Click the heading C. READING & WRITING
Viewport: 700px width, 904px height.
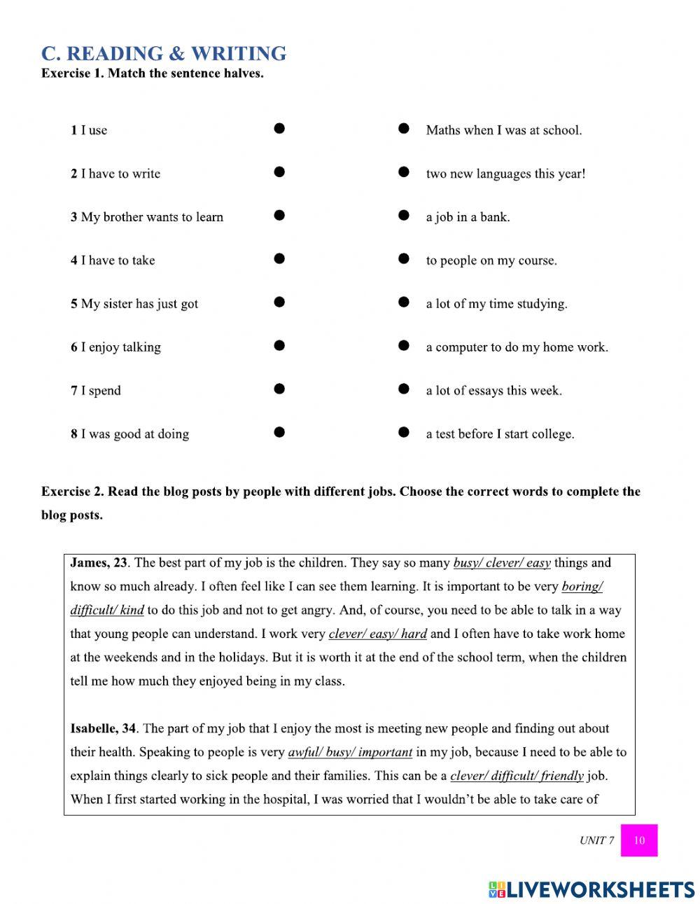[x=163, y=53]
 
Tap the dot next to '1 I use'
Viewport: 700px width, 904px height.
[x=279, y=129]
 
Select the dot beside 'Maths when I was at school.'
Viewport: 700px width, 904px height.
[x=403, y=129]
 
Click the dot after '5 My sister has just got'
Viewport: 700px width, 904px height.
[x=279, y=303]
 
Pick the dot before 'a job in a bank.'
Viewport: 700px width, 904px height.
[x=403, y=216]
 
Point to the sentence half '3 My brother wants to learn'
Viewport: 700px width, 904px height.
[x=146, y=217]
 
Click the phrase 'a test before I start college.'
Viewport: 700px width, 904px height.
[x=500, y=434]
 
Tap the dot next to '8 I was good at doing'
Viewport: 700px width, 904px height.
[x=279, y=433]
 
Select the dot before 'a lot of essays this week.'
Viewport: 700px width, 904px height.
[x=403, y=389]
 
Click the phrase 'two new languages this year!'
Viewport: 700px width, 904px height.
[x=505, y=174]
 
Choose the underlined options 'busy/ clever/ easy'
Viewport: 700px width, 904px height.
[x=502, y=563]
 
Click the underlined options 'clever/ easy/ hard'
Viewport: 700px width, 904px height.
[x=377, y=634]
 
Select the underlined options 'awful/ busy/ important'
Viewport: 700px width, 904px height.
[x=350, y=753]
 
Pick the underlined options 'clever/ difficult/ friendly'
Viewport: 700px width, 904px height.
[x=517, y=776]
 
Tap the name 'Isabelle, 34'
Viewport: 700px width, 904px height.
[x=103, y=729]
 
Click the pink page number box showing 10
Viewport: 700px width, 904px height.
[x=638, y=840]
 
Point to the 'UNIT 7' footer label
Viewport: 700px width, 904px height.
[x=596, y=840]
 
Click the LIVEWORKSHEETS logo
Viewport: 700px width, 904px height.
[x=591, y=889]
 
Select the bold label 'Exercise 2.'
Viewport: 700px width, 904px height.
[x=73, y=492]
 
